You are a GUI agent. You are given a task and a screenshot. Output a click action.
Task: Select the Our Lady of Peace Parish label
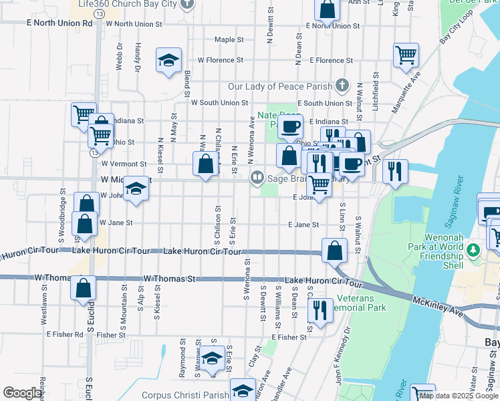280,86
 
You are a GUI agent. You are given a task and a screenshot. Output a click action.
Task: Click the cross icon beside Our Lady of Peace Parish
342,85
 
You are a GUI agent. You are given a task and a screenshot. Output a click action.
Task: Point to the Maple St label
229,40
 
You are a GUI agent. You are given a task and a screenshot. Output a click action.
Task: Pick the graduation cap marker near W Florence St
169,59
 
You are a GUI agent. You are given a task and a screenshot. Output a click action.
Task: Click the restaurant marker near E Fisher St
320,309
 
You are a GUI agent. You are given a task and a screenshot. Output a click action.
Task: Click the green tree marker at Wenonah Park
474,250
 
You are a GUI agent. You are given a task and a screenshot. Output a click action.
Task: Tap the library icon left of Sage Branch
257,178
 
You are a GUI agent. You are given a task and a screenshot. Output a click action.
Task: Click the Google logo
22,393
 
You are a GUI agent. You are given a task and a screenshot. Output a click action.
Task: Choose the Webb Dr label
120,57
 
